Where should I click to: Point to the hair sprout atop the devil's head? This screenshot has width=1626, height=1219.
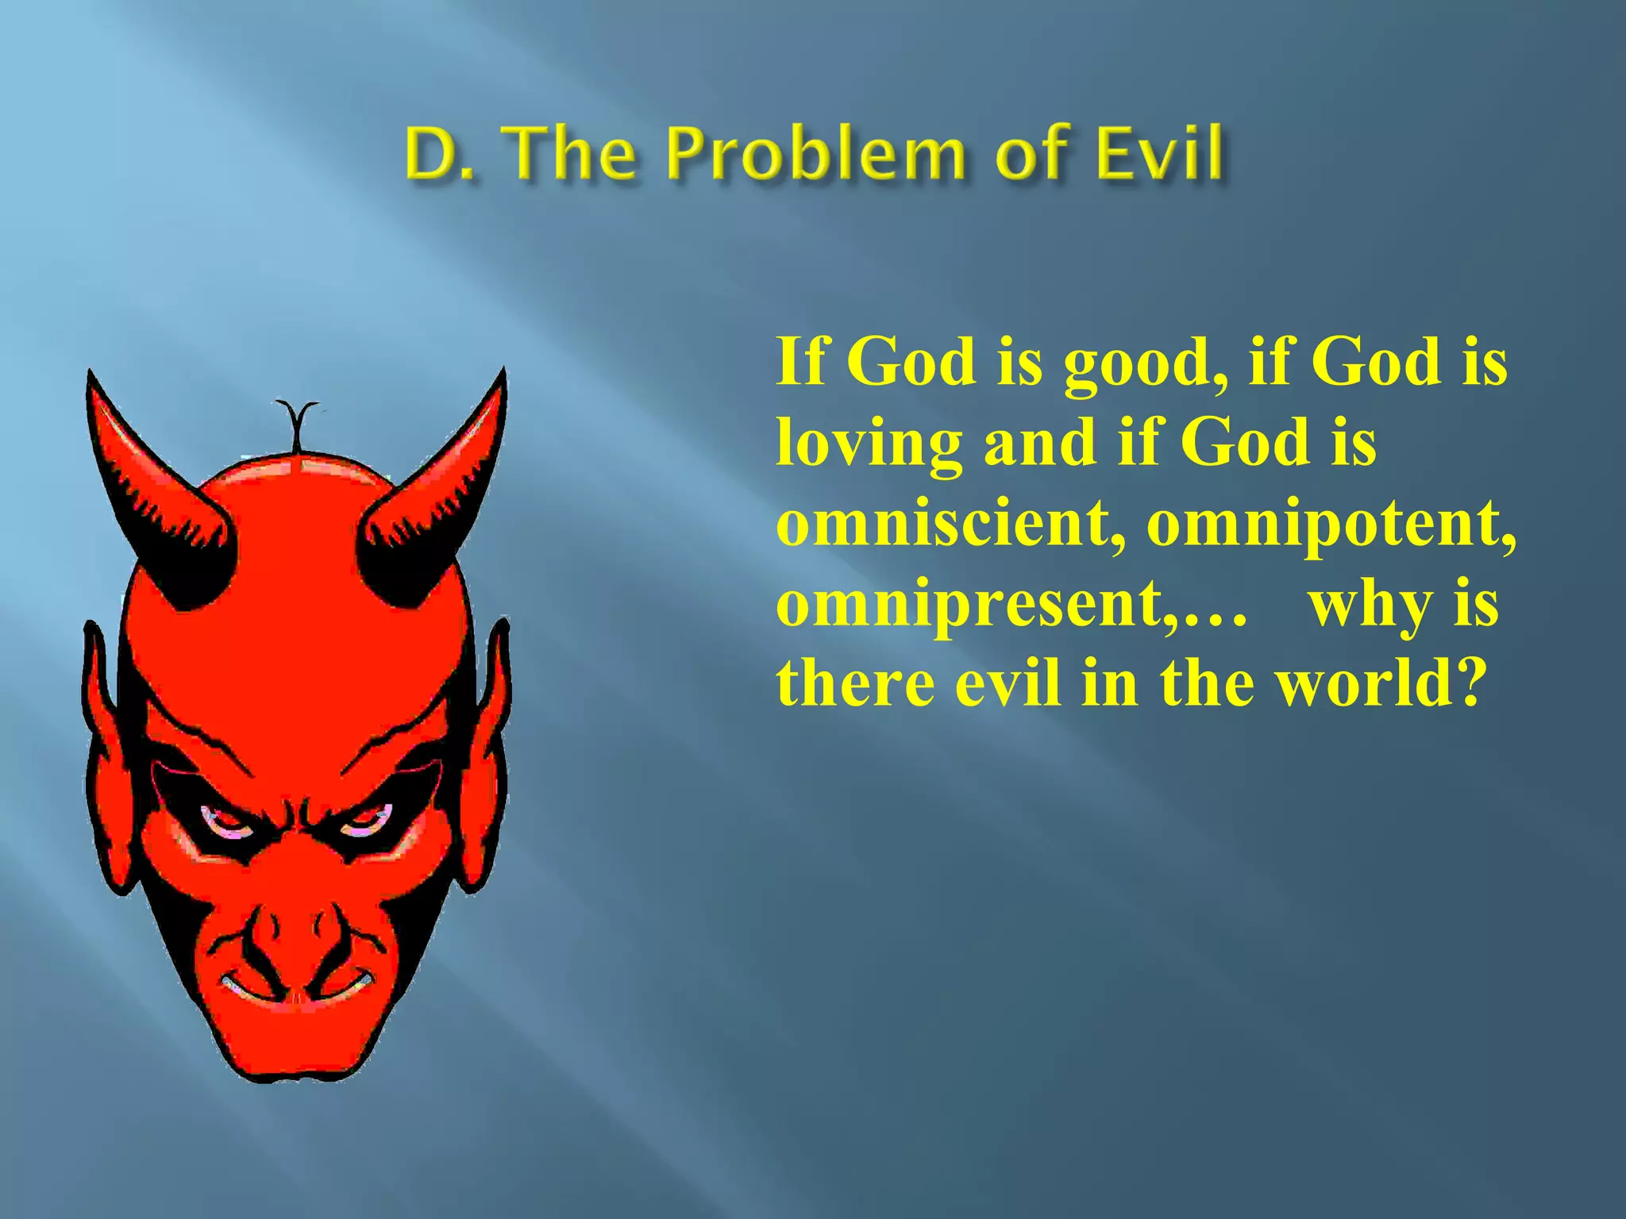pos(297,425)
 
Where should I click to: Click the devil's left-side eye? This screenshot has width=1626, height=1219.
pos(226,821)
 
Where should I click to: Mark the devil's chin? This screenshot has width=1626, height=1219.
pos(294,1048)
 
